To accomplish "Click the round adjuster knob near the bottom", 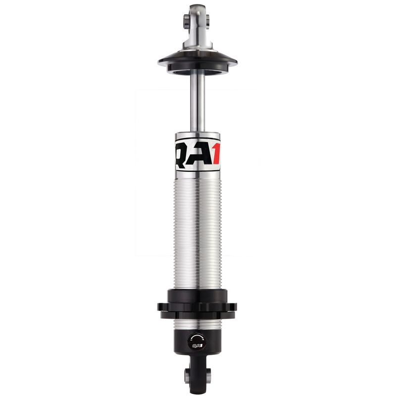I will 197,341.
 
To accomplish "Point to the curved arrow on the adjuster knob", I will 197,337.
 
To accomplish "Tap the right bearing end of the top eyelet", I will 207,20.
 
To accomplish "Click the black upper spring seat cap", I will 198,61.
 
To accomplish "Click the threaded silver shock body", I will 198,228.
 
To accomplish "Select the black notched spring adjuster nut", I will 198,303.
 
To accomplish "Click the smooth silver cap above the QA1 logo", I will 198,135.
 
